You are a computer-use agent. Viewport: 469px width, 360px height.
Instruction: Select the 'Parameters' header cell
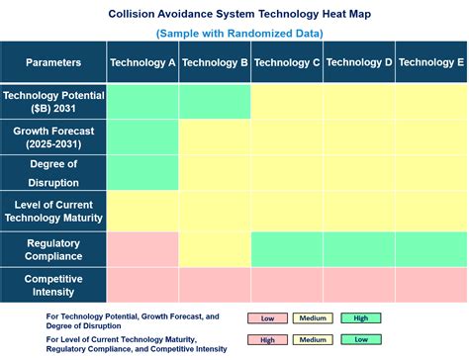tap(53, 62)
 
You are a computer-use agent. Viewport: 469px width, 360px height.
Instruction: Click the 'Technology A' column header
tap(142, 62)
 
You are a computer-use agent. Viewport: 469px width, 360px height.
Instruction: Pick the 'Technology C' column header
tap(287, 62)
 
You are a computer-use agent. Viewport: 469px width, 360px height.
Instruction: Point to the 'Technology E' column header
tap(431, 62)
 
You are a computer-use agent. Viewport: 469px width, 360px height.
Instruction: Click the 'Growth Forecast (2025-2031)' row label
tap(53, 137)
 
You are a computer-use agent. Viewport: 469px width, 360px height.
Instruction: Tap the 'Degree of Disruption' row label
tap(53, 172)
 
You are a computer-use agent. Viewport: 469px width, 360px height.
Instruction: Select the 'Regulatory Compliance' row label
tap(53, 249)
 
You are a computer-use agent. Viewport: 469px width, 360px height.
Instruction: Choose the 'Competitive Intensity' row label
tap(53, 286)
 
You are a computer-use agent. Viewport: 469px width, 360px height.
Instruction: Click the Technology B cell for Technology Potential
tap(215, 102)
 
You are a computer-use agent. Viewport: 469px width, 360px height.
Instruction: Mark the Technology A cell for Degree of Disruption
tap(142, 173)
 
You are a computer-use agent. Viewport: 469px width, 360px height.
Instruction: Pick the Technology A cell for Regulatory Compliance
tap(142, 249)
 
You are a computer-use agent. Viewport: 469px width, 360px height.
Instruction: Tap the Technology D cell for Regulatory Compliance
tap(359, 249)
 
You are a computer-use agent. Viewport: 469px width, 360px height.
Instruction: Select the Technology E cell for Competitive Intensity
tap(431, 286)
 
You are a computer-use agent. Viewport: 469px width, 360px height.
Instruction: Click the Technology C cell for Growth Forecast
tap(287, 137)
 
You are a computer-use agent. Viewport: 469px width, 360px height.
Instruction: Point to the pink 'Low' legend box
tap(268, 318)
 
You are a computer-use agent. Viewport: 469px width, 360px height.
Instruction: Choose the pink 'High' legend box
tap(268, 339)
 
